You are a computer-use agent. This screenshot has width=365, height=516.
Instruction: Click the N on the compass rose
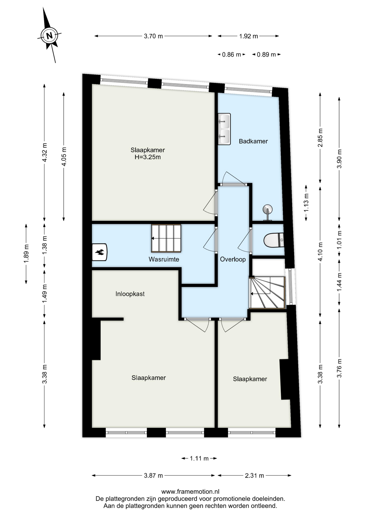click(x=49, y=35)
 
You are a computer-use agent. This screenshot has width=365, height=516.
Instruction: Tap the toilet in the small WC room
click(x=274, y=240)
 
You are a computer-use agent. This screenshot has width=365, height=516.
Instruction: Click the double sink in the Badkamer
click(x=224, y=129)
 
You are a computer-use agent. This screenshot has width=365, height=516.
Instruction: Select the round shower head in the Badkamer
click(x=267, y=209)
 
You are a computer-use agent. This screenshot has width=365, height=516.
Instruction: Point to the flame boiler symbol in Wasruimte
click(x=99, y=252)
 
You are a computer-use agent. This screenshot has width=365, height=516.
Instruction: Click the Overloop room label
click(x=233, y=259)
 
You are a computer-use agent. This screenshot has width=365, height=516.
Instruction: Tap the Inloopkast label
click(x=130, y=294)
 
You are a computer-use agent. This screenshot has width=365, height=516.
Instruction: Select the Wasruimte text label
click(x=164, y=259)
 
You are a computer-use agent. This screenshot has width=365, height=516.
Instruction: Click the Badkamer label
click(x=253, y=141)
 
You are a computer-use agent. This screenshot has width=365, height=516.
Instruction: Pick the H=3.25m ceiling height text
click(x=148, y=157)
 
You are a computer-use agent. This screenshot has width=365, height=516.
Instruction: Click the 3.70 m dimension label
click(x=153, y=36)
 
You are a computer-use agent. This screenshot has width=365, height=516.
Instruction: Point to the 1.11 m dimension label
click(x=199, y=458)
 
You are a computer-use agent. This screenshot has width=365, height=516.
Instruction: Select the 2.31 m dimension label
click(x=254, y=476)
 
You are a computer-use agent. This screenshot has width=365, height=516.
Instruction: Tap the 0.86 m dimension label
click(x=231, y=55)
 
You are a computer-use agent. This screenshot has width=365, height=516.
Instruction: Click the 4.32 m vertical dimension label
click(x=45, y=152)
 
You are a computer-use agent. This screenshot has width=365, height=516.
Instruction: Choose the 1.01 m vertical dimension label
click(x=339, y=239)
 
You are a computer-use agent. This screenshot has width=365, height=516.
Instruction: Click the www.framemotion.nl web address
click(x=190, y=492)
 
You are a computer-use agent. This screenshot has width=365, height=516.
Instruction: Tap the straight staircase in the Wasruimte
click(x=166, y=238)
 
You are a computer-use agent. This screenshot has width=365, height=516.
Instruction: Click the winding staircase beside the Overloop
click(x=267, y=293)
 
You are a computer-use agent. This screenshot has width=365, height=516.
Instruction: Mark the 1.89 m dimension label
click(x=26, y=254)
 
